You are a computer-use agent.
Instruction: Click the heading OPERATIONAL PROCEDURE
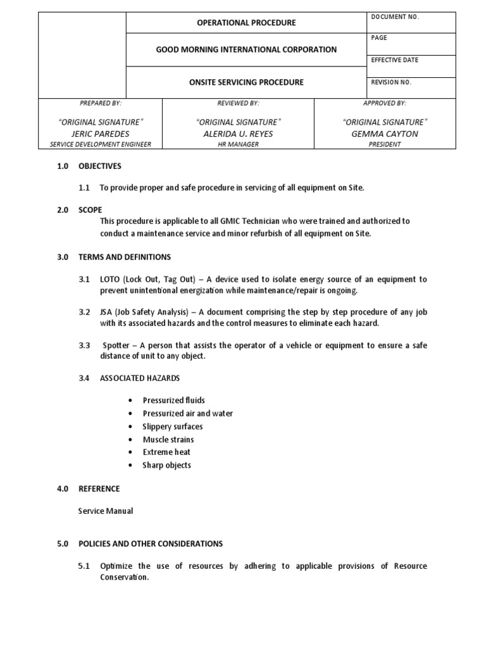tap(247, 23)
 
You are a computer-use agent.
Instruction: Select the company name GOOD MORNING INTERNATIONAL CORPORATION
tap(247, 49)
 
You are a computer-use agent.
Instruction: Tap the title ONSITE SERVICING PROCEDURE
tap(247, 82)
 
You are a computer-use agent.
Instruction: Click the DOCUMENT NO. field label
tap(396, 17)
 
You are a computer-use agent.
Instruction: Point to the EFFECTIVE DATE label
tap(395, 60)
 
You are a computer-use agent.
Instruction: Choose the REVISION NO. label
tap(392, 82)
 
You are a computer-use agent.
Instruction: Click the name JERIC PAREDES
tap(101, 134)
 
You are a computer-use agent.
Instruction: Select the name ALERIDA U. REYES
tap(238, 134)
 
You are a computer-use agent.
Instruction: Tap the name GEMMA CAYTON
tap(385, 134)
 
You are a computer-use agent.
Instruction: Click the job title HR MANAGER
tap(238, 144)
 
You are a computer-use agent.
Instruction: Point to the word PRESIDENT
tap(385, 144)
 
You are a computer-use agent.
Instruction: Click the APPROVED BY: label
tap(385, 103)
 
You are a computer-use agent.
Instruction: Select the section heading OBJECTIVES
tap(99, 166)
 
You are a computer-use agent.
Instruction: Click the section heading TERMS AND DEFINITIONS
tap(124, 257)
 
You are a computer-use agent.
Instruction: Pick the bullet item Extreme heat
tap(166, 452)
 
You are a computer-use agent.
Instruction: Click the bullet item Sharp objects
tap(166, 465)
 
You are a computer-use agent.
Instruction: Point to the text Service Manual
tap(106, 511)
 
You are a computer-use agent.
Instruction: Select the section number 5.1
tap(85, 566)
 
